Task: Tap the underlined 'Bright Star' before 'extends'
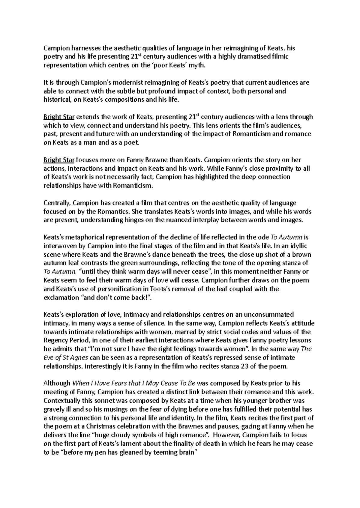coord(59,117)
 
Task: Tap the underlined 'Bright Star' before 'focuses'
coord(59,160)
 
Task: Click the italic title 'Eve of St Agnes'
coord(66,358)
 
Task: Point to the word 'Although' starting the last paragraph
coord(56,383)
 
